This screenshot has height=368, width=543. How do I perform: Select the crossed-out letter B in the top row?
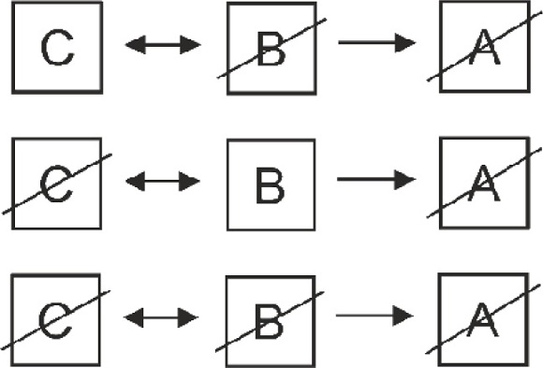click(271, 49)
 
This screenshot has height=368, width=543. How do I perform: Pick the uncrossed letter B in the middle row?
click(271, 185)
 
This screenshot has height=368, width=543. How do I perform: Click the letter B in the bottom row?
click(269, 321)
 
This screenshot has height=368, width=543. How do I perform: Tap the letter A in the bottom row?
click(483, 321)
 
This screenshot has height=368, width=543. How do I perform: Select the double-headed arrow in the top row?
click(163, 45)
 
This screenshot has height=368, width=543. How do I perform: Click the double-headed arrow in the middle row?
click(163, 181)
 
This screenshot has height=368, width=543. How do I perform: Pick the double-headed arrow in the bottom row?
click(161, 317)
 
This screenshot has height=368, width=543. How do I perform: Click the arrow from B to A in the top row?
click(377, 43)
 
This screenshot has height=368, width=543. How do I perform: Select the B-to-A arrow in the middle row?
click(376, 180)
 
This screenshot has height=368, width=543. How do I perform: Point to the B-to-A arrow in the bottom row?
click(374, 316)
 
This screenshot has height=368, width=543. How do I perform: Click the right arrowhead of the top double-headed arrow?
click(190, 45)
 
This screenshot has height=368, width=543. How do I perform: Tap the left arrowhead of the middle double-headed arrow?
click(135, 181)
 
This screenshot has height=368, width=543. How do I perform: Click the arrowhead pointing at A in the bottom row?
click(404, 316)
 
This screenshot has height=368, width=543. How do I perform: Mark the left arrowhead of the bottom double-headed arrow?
click(133, 317)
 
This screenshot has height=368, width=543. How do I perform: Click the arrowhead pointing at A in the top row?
click(405, 43)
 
